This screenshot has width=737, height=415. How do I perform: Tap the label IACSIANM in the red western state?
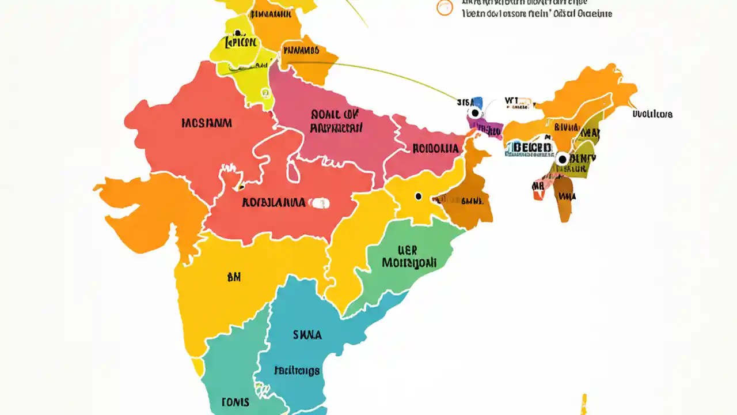(x=207, y=123)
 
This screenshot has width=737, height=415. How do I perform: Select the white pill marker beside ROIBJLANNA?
(x=319, y=203)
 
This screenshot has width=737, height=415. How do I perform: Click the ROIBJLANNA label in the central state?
(x=273, y=202)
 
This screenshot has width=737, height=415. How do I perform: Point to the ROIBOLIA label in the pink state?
(x=436, y=148)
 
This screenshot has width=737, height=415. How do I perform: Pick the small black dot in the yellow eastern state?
(x=419, y=197)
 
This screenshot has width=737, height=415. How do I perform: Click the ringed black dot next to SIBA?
(x=474, y=113)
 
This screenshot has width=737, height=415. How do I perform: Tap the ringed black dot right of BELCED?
(x=562, y=157)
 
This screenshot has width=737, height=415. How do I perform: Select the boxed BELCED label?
(x=531, y=148)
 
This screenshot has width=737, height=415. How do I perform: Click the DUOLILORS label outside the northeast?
(x=652, y=114)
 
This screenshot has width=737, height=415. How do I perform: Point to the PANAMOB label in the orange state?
(x=300, y=51)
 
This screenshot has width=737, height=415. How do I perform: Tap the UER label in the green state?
(x=407, y=250)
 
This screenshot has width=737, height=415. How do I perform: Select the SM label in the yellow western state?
(x=234, y=277)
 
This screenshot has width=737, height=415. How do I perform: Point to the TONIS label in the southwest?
(x=235, y=402)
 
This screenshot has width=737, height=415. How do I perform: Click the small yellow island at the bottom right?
(x=584, y=403)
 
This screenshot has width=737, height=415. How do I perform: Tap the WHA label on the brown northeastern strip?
(x=567, y=197)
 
